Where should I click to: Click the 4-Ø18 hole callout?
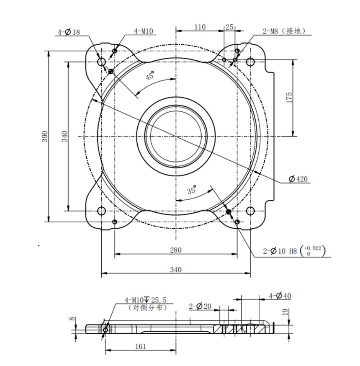tap(69, 32)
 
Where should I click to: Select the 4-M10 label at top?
tap(144, 31)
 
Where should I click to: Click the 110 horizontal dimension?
tap(200, 27)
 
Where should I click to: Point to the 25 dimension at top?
tap(229, 27)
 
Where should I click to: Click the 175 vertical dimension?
tap(289, 98)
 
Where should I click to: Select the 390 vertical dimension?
tap(45, 137)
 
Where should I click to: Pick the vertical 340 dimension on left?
tap(65, 137)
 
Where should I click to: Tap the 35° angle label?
tap(192, 190)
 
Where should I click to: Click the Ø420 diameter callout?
tap(298, 179)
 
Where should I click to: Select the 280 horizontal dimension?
tap(176, 250)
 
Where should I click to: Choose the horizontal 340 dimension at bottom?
tap(176, 270)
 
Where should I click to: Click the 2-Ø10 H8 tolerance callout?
tap(293, 251)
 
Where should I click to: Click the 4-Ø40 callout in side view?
tap(280, 296)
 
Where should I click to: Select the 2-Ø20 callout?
tap(201, 306)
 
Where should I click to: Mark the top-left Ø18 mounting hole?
tap(101, 62)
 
